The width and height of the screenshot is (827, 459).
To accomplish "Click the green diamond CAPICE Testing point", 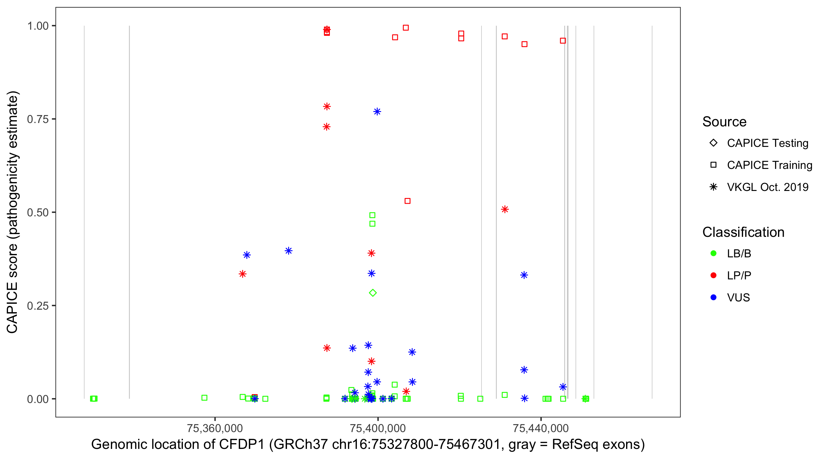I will click(372, 293).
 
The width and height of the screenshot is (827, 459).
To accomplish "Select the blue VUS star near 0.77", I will click(377, 112).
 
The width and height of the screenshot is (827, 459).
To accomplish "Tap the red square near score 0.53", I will click(407, 201).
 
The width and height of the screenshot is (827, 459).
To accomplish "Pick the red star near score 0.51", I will click(505, 209).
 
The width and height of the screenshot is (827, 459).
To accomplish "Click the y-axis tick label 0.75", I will click(37, 119).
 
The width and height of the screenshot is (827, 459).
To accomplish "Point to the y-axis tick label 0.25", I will click(37, 306).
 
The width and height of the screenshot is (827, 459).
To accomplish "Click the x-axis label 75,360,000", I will click(215, 428).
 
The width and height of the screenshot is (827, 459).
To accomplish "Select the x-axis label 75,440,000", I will click(541, 428).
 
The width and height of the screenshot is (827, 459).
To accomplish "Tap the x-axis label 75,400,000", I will click(378, 428).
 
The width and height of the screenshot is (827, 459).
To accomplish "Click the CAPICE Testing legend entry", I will click(767, 143).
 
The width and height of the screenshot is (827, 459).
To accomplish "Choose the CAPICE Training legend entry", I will click(769, 165).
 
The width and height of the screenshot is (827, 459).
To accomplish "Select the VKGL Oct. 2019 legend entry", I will click(767, 187).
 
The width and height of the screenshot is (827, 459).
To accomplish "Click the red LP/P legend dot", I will click(714, 275).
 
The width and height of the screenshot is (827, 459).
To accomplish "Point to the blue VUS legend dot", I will click(714, 298).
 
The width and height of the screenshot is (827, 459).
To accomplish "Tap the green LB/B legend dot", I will click(714, 253).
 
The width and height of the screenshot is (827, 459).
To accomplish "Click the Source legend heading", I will click(724, 122).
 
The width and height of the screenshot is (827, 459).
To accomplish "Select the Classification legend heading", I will click(743, 232).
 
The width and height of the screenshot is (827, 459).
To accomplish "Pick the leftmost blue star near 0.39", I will click(247, 255).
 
